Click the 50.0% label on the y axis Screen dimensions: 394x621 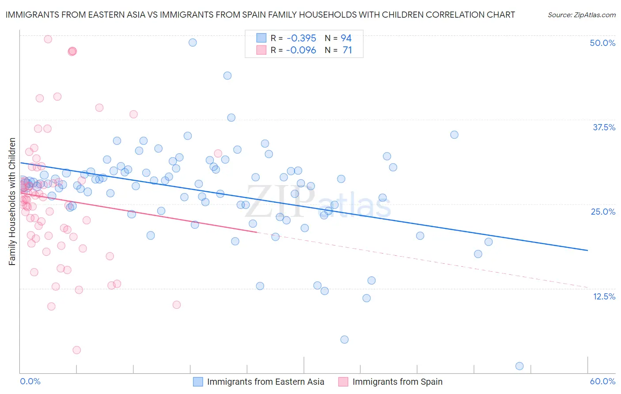pyautogui.click(x=602, y=43)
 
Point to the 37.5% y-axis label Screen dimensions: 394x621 pyautogui.click(x=604, y=128)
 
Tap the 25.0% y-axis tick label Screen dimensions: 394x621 pyautogui.click(x=603, y=212)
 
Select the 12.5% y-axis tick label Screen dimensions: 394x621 pyautogui.click(x=604, y=296)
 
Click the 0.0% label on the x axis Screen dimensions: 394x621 pyautogui.click(x=30, y=382)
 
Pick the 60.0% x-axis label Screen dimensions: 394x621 pyautogui.click(x=602, y=382)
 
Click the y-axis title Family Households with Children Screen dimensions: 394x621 pyautogui.click(x=12, y=201)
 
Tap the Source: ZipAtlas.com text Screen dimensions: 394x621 pyautogui.click(x=581, y=15)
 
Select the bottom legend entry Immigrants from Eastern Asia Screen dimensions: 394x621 pyautogui.click(x=265, y=382)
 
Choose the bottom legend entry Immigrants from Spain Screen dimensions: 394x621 pyautogui.click(x=398, y=382)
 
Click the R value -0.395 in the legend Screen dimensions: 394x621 pyautogui.click(x=301, y=38)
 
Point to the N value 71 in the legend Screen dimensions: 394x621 pyautogui.click(x=348, y=50)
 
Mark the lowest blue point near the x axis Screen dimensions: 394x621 pyautogui.click(x=519, y=366)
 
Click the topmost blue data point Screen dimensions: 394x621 pyautogui.click(x=193, y=42)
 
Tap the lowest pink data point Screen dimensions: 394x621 pyautogui.click(x=76, y=350)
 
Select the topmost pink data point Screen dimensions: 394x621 pyautogui.click(x=48, y=39)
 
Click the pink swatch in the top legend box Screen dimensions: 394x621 pyautogui.click(x=261, y=50)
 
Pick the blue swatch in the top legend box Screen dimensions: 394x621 pyautogui.click(x=261, y=38)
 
